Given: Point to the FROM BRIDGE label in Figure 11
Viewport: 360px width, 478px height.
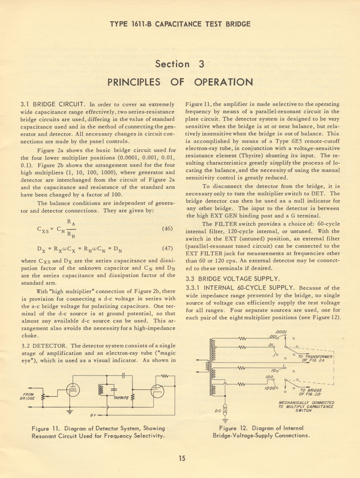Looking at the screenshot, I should tap(28, 396).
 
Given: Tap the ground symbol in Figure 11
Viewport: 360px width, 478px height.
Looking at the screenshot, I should tap(70, 411).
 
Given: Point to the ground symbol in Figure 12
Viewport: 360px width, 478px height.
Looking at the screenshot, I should tap(225, 418).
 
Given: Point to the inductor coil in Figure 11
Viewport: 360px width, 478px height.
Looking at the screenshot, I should tap(101, 389).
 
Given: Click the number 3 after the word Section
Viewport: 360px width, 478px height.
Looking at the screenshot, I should tap(200, 64).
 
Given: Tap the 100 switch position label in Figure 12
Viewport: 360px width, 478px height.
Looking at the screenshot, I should tap(269, 377).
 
